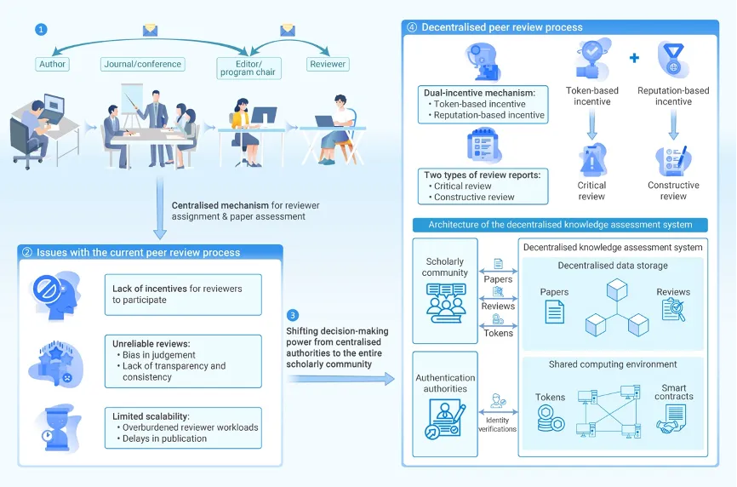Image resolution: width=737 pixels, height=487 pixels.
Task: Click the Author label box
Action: [52, 64]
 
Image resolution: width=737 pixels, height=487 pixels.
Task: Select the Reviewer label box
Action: [328, 64]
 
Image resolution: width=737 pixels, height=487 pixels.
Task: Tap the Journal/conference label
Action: [142, 64]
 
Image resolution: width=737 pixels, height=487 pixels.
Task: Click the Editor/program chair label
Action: [249, 68]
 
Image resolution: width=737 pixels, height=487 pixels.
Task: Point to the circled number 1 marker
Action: [41, 30]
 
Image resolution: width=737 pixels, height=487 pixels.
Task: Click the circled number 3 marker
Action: [293, 315]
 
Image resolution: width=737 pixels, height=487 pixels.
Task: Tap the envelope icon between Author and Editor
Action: [150, 31]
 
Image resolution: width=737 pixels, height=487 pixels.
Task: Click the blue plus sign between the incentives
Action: [634, 58]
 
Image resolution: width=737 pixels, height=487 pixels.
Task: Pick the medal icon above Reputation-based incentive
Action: [673, 60]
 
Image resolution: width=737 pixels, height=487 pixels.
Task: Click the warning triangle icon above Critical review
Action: [591, 161]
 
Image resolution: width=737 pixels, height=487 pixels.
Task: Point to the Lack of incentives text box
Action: [183, 295]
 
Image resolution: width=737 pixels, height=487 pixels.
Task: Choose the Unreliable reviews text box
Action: [183, 361]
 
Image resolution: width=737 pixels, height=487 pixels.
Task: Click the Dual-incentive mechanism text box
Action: [483, 105]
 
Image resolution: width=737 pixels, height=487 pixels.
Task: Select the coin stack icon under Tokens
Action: [551, 419]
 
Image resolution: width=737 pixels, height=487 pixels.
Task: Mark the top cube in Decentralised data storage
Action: [617, 289]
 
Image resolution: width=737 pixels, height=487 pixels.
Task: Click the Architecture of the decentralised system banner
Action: [560, 225]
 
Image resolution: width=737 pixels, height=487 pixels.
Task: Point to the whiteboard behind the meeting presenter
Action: [132, 99]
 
